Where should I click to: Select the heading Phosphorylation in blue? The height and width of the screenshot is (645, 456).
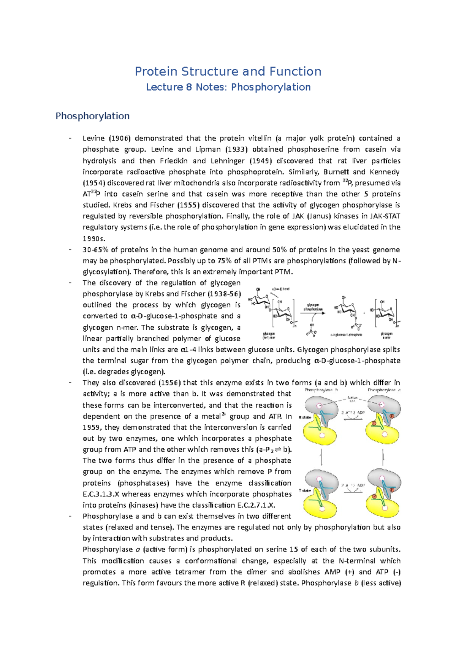pos(92,116)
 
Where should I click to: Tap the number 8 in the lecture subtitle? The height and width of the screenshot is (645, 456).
pos(188,87)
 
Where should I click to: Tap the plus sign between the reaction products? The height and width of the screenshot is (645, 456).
pos(364,313)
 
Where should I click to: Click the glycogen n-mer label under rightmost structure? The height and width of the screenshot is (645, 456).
pos(386,335)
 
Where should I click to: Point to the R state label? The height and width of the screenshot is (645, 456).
pos(305,417)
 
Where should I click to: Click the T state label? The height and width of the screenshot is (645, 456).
pos(305,490)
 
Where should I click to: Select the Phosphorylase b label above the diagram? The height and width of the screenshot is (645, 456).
pos(321,390)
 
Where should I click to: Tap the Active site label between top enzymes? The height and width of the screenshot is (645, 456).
pos(352,399)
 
